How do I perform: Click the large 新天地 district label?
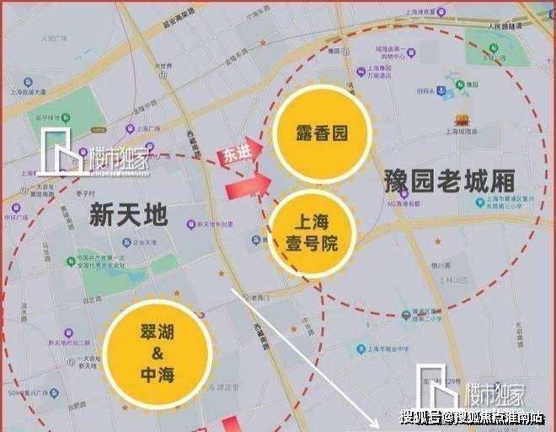[x=128, y=217]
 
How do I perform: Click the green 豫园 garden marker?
[x=460, y=84]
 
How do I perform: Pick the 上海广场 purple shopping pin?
[x=130, y=129]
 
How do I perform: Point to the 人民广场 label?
[x=52, y=38]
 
